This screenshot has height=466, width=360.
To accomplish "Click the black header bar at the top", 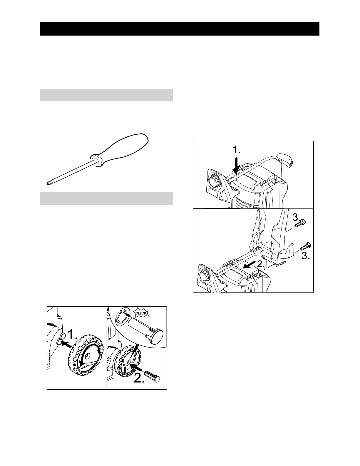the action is (x=180, y=29).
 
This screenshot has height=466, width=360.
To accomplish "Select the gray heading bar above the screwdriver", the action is (x=106, y=95).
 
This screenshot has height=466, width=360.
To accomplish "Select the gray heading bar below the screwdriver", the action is (x=106, y=198).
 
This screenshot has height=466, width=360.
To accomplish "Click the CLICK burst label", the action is (x=141, y=313).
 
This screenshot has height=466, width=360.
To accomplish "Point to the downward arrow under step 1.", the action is (x=236, y=166).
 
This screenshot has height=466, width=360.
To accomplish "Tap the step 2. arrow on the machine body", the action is (x=250, y=266).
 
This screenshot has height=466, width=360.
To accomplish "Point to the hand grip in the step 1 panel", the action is (x=285, y=160).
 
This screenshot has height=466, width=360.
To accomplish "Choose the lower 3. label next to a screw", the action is (x=306, y=256).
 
